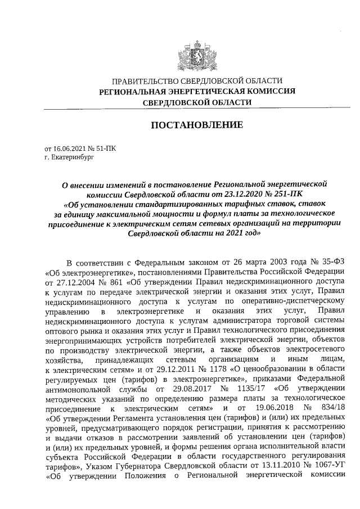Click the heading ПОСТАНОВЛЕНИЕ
point(196,124)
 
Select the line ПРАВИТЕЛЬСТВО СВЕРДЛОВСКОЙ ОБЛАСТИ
point(196,82)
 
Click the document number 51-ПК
point(103,148)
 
